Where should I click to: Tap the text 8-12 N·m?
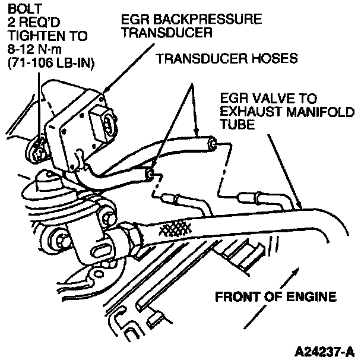click(28, 49)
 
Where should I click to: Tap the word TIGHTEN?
click(33, 36)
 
